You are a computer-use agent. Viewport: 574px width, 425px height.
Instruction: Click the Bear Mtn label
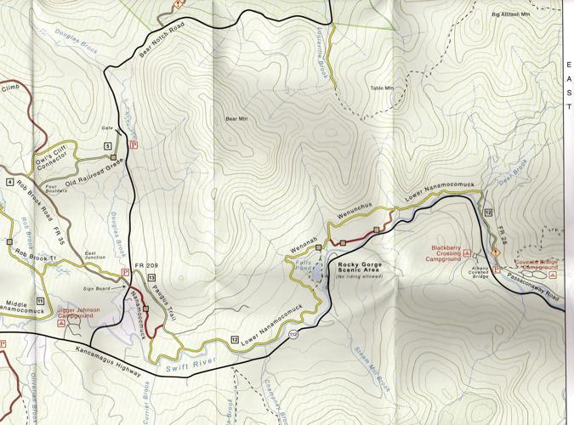[236, 120]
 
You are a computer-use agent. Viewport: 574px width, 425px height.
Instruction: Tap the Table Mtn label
[383, 88]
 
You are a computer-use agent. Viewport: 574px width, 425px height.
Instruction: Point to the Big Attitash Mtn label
[516, 14]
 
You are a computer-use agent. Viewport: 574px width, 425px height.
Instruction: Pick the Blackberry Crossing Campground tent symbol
[468, 252]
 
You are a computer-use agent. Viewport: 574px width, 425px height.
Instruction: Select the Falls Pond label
[301, 266]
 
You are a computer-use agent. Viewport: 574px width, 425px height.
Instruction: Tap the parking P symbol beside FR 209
[126, 272]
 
